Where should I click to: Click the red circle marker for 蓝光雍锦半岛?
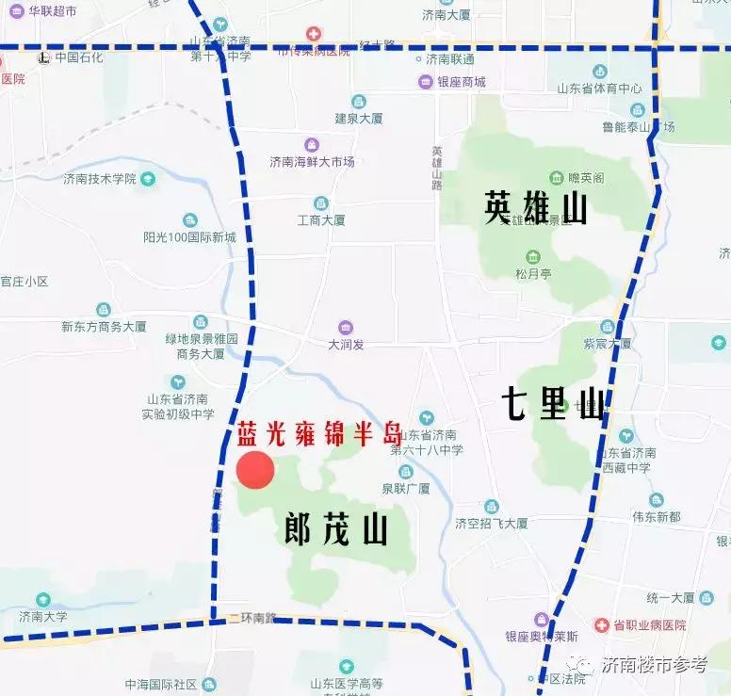pyautogui.click(x=254, y=470)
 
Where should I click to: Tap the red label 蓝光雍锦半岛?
pyautogui.click(x=318, y=434)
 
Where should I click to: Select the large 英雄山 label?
pyautogui.click(x=535, y=208)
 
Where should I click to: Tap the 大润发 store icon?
pyautogui.click(x=346, y=328)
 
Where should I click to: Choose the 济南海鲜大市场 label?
pyautogui.click(x=312, y=162)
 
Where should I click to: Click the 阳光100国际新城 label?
pyautogui.click(x=189, y=237)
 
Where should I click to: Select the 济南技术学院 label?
pyautogui.click(x=100, y=179)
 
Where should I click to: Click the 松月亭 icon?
pyautogui.click(x=532, y=256)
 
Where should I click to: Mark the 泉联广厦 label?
pyautogui.click(x=406, y=489)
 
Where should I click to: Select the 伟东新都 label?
pyautogui.click(x=656, y=517)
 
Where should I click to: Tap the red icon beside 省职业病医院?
pyautogui.click(x=601, y=625)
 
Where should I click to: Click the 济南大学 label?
pyautogui.click(x=43, y=617)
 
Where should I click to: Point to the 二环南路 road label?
pyautogui.click(x=252, y=618)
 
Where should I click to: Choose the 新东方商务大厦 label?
pyautogui.click(x=104, y=327)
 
